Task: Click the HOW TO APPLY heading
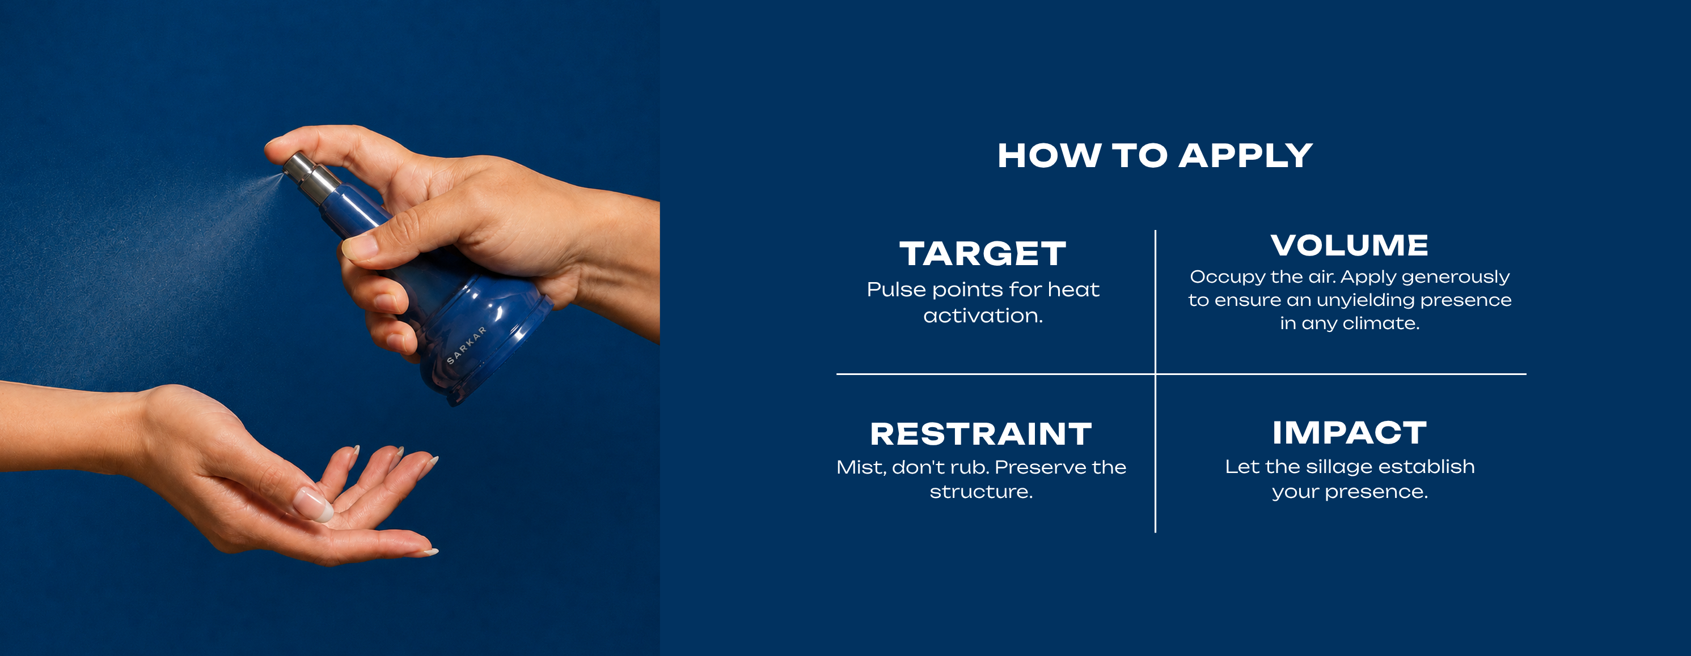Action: (1155, 156)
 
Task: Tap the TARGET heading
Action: (983, 254)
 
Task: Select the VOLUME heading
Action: (1350, 245)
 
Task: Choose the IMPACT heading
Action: (1350, 432)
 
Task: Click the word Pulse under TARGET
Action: (896, 289)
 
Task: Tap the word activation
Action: (983, 316)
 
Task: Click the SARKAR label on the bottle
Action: (467, 345)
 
